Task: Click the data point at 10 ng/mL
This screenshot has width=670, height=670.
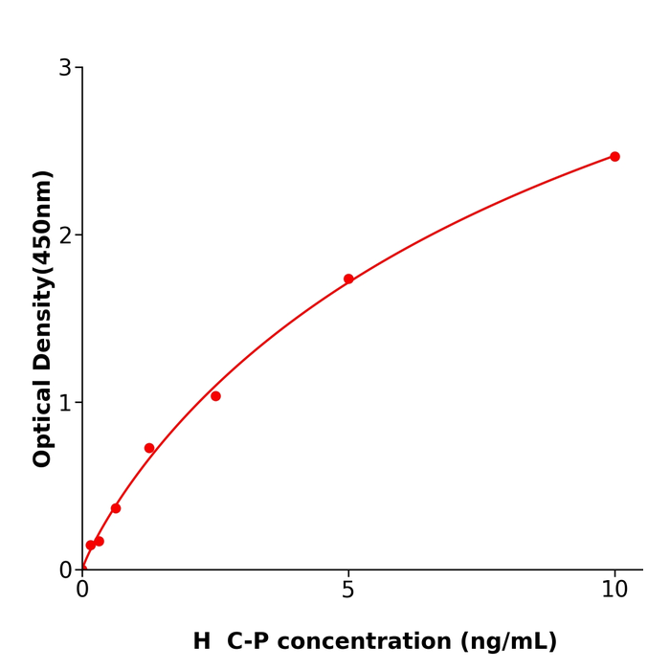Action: tap(614, 156)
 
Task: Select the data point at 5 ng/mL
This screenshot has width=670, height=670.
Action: tap(348, 279)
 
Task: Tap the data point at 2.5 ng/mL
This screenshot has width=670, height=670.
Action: tap(215, 396)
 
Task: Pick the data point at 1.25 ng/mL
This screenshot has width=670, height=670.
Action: tap(149, 448)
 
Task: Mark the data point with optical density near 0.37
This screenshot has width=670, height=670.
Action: tap(116, 508)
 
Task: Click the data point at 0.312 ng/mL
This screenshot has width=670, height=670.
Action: tap(99, 542)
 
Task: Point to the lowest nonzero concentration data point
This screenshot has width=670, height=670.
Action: tap(91, 546)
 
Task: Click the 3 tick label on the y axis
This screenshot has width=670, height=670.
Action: tap(65, 68)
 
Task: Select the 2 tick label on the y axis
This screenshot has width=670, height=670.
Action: tap(65, 235)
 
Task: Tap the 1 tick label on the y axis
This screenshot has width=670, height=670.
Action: tap(65, 403)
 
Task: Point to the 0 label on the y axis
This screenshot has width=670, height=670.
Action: tap(65, 570)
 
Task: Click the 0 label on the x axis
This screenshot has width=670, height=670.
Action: tap(82, 591)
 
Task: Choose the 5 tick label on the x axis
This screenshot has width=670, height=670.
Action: tap(348, 591)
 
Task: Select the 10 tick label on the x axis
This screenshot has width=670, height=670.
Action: tap(614, 591)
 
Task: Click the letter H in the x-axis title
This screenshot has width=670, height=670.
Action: tap(202, 642)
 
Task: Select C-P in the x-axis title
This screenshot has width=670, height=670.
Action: tap(249, 642)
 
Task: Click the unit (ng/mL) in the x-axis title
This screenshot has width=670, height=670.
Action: tap(507, 642)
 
